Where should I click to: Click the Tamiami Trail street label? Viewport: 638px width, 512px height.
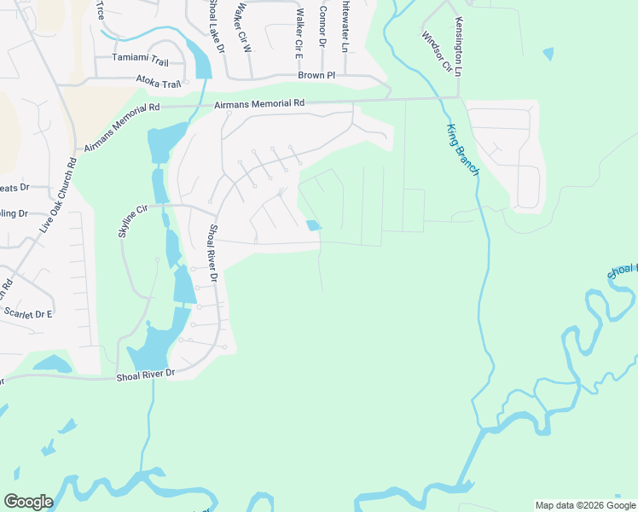(x=142, y=59)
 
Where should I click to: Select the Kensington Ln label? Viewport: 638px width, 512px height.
(x=459, y=48)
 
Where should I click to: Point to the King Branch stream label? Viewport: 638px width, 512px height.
(x=461, y=150)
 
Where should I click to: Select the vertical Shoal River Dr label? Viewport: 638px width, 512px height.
(x=213, y=253)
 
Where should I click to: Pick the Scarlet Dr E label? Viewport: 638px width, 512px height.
(x=28, y=313)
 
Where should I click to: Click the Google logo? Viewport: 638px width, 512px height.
(x=28, y=502)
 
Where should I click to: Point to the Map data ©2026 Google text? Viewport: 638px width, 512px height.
(x=584, y=505)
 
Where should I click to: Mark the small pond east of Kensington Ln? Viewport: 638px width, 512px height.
(x=547, y=54)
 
